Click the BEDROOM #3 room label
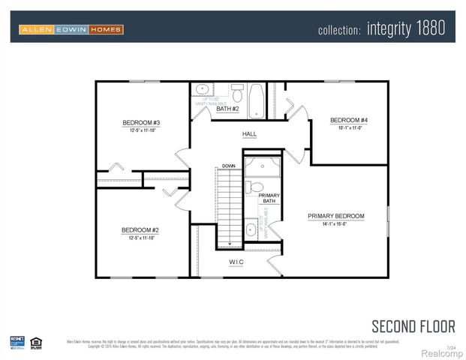(142, 122)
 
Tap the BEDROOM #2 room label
(142, 230)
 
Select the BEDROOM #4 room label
(349, 120)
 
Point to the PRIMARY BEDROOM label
(335, 216)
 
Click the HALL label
(249, 134)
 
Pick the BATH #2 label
(227, 109)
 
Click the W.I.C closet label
(237, 262)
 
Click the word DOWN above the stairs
(229, 166)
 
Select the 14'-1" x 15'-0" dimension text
(335, 223)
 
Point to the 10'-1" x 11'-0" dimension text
(349, 127)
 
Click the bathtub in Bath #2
(256, 101)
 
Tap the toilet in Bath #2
(237, 94)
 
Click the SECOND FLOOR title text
(413, 325)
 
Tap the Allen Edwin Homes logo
(71, 29)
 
